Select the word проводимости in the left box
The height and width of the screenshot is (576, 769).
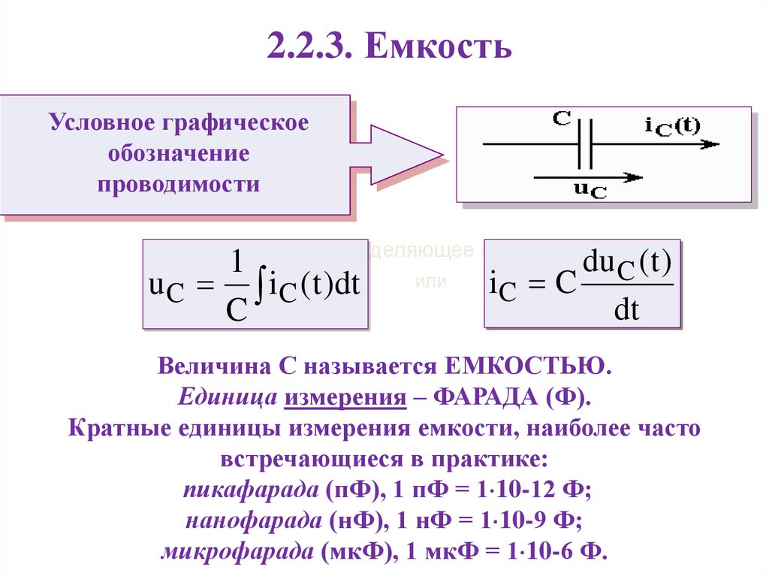[x=179, y=185]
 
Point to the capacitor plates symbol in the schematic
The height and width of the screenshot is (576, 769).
[x=586, y=144]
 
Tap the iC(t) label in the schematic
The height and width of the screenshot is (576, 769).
[x=671, y=126]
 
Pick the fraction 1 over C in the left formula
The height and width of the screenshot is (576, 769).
[x=236, y=285]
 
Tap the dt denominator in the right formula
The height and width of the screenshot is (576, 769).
[x=626, y=309]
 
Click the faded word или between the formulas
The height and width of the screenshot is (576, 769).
[x=430, y=282]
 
